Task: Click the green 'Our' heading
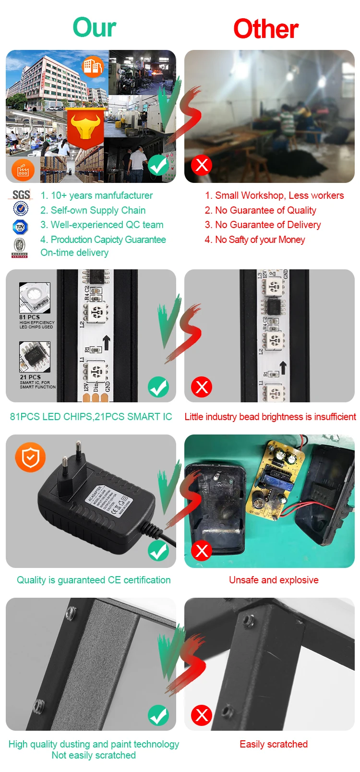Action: pos(95,27)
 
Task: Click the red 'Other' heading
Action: pos(266,29)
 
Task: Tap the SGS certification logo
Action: pos(21,194)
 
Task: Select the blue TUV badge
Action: pos(20,227)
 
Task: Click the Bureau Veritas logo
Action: pos(20,248)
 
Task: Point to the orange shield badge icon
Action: pos(30,457)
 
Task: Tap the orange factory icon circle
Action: pos(23,170)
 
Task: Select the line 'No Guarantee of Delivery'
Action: pos(263,225)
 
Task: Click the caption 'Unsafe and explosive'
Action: pos(274,580)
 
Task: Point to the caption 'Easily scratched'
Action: pos(274,744)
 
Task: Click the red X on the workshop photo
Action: pos(202,165)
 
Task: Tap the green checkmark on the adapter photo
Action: pos(158,551)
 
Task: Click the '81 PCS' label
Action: pos(30,317)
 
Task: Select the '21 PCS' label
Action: pos(30,377)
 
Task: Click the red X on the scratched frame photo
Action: pos(202,715)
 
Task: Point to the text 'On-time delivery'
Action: pos(74,253)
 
